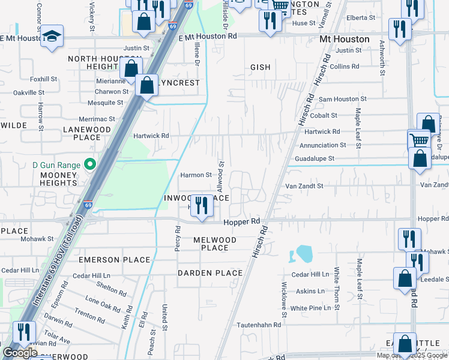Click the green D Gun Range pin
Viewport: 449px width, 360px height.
pos(90,164)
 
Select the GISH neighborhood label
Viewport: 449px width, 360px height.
pos(261,68)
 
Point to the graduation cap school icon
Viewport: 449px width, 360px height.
pos(52,35)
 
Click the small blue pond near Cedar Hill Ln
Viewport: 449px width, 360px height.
pos(301,254)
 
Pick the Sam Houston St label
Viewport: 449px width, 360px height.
pos(342,99)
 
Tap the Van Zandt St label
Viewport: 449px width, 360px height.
pos(304,186)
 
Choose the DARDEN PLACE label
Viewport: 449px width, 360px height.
pos(210,273)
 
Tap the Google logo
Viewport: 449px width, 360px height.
pos(20,353)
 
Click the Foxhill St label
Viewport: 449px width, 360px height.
pos(43,79)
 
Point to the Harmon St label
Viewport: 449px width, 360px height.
pos(196,175)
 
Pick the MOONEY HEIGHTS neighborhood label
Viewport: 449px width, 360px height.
pos(59,179)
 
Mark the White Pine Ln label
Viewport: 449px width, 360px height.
pos(310,308)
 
